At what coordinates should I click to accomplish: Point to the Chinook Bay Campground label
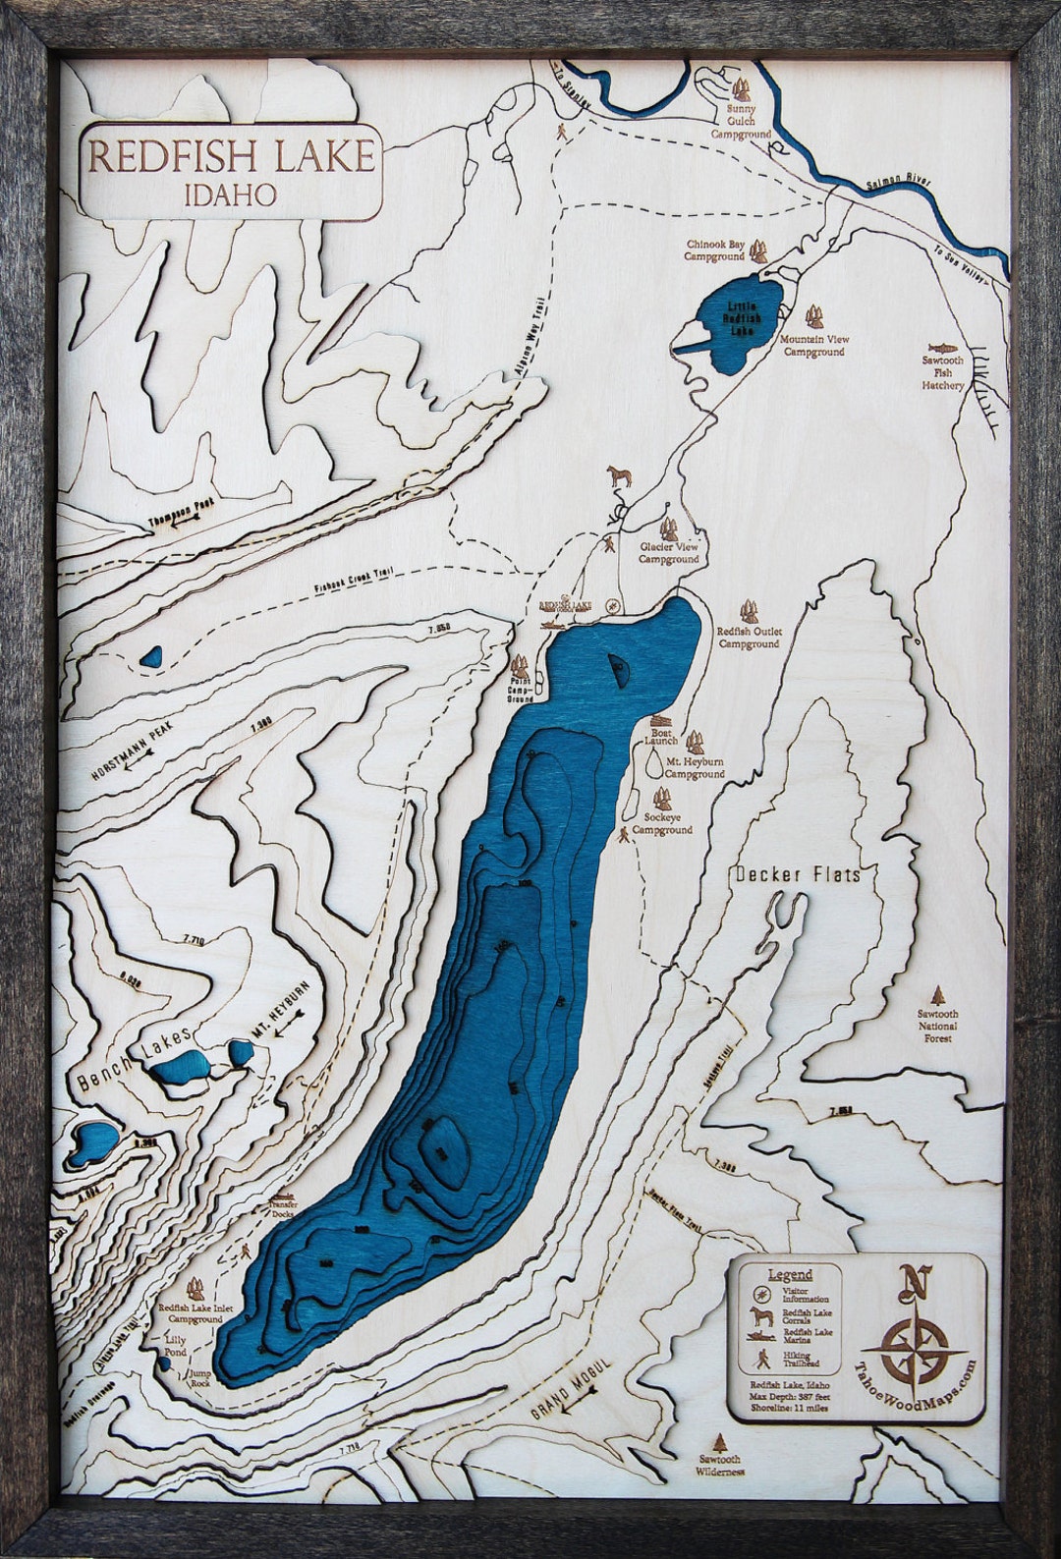(x=714, y=250)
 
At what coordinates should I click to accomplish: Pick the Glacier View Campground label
(x=668, y=554)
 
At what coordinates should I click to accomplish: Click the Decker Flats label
(x=797, y=874)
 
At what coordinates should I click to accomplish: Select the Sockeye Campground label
(x=662, y=823)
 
